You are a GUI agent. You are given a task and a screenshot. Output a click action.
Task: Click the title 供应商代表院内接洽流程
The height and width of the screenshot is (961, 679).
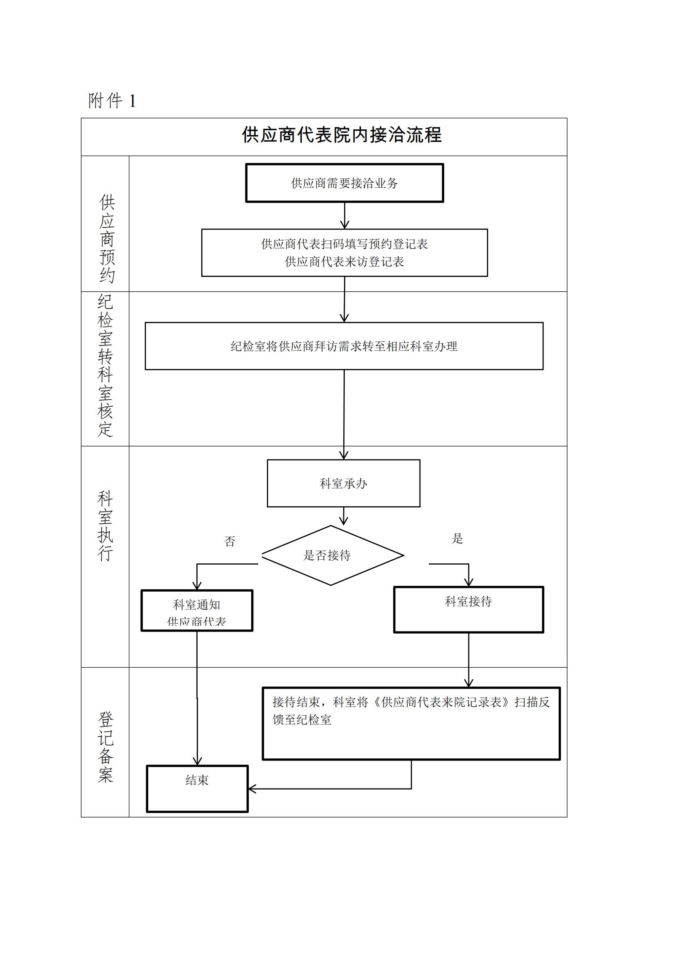point(342,135)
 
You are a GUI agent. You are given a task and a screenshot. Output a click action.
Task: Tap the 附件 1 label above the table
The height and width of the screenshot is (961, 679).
point(112,101)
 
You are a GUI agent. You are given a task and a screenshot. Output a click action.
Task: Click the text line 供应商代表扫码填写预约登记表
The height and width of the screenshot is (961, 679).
point(344,244)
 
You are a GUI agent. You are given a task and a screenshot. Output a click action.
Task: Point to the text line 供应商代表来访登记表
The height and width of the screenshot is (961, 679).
point(344,262)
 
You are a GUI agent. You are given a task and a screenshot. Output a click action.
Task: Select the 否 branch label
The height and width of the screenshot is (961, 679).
point(230,542)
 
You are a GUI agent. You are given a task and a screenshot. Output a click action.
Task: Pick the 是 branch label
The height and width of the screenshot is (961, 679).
point(457,539)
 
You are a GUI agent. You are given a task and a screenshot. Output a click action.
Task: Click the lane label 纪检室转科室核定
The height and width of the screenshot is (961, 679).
point(106,366)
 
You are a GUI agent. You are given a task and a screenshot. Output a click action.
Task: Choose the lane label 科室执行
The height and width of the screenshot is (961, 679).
point(106,526)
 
